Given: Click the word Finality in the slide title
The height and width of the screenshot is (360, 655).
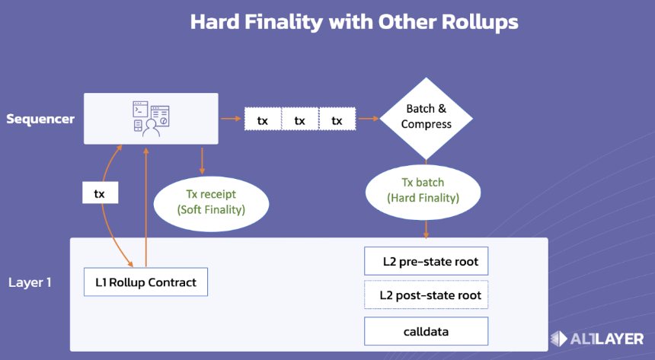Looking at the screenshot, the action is pyautogui.click(x=284, y=22).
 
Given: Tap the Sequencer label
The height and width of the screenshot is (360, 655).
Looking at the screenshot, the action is pyautogui.click(x=40, y=119).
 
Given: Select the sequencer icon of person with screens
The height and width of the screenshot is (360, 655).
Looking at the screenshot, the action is pyautogui.click(x=151, y=119).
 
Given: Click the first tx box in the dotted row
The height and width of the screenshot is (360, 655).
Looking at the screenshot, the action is pyautogui.click(x=263, y=119).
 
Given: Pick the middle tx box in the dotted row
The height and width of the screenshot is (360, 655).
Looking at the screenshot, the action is pyautogui.click(x=300, y=119).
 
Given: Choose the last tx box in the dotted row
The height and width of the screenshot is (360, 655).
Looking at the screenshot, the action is pyautogui.click(x=337, y=119).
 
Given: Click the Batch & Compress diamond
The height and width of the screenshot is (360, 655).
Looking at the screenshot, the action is pyautogui.click(x=426, y=119).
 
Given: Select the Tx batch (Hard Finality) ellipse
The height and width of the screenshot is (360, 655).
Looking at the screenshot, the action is pyautogui.click(x=423, y=192).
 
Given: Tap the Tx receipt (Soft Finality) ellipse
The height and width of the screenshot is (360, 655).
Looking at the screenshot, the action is pyautogui.click(x=212, y=204).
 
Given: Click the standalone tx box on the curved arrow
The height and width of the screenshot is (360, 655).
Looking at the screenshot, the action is pyautogui.click(x=101, y=193).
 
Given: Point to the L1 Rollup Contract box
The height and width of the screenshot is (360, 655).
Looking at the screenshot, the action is pyautogui.click(x=145, y=282).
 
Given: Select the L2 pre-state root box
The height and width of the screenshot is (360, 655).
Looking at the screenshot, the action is pyautogui.click(x=426, y=261).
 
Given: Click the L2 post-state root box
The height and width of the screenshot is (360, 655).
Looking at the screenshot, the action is pyautogui.click(x=426, y=295).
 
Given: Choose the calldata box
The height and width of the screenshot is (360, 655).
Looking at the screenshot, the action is pyautogui.click(x=426, y=331).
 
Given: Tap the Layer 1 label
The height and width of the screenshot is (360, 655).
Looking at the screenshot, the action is pyautogui.click(x=30, y=282).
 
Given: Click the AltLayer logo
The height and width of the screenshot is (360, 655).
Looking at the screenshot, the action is pyautogui.click(x=597, y=339).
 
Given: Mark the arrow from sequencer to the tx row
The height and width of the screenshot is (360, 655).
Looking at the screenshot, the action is pyautogui.click(x=231, y=119).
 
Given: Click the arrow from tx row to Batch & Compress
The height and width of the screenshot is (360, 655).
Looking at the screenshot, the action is pyautogui.click(x=369, y=119).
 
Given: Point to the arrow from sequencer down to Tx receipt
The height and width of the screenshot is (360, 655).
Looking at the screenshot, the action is pyautogui.click(x=202, y=161).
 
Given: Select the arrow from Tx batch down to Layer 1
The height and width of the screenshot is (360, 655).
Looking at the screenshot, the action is pyautogui.click(x=426, y=229).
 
